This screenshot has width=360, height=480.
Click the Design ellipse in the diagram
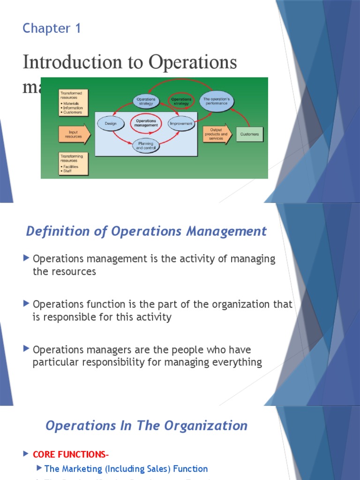(111, 124)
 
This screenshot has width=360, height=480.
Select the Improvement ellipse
(181, 124)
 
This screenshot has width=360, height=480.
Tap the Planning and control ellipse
(146, 146)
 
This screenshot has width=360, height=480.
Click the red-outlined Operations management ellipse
(146, 123)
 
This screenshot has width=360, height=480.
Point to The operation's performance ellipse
(216, 101)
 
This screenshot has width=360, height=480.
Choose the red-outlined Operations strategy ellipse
(181, 101)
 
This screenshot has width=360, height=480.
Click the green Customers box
(249, 134)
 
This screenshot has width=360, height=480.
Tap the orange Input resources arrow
(74, 134)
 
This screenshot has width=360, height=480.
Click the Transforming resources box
(73, 164)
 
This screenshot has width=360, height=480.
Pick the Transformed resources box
(73, 103)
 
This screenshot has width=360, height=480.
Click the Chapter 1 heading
(52, 29)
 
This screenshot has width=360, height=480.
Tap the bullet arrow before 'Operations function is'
(26, 304)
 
